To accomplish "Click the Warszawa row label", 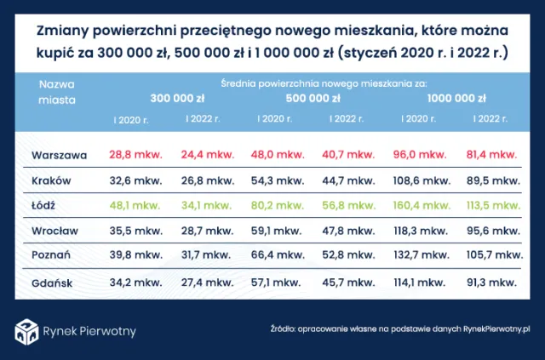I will pos(59,156).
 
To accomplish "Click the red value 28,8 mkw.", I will pos(135,156).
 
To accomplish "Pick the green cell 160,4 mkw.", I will pos(426,205).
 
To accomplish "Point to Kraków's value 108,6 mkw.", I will pos(426,180).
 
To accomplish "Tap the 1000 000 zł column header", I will pos(457,98).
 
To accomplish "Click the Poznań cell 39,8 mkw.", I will pos(135,254).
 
